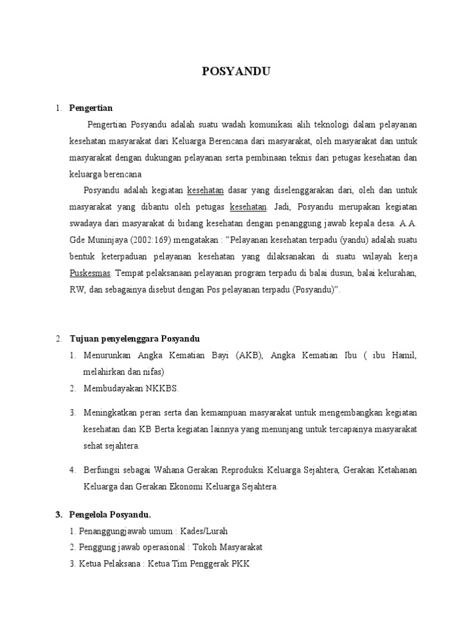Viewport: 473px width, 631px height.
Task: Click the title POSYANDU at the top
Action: click(x=236, y=72)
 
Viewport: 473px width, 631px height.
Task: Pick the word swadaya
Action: click(x=86, y=222)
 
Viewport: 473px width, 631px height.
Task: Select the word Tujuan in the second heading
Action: click(x=85, y=339)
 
